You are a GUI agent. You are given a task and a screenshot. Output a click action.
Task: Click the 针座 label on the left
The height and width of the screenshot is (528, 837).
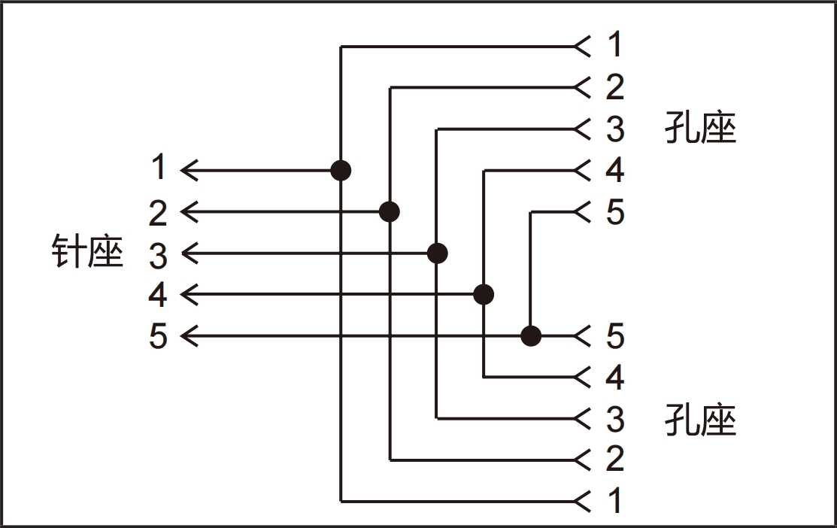click(x=87, y=250)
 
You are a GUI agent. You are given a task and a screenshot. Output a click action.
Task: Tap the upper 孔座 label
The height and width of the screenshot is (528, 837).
click(x=700, y=128)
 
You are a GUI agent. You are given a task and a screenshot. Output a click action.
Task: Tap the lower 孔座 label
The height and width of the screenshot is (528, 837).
click(x=700, y=420)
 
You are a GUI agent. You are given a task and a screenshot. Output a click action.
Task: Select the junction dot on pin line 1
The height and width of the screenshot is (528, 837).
click(x=341, y=171)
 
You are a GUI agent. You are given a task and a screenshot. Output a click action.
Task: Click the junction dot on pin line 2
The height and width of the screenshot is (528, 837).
click(x=389, y=212)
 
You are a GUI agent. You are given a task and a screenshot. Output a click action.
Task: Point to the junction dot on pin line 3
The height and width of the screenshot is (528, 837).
click(x=437, y=253)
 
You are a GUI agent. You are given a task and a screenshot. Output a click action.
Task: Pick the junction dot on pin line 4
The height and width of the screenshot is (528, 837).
click(x=484, y=294)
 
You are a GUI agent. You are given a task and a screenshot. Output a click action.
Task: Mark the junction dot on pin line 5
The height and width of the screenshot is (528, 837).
click(x=531, y=336)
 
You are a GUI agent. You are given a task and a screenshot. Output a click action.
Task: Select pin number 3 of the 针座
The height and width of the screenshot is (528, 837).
click(x=158, y=255)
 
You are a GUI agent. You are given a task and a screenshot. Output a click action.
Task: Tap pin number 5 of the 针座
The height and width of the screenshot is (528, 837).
click(x=158, y=335)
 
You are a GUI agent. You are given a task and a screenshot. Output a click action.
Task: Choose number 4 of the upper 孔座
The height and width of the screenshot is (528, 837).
click(x=615, y=170)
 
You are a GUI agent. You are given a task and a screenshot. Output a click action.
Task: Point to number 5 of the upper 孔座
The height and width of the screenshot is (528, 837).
click(x=615, y=212)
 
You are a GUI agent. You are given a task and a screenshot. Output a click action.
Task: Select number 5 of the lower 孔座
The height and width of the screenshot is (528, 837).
click(x=615, y=335)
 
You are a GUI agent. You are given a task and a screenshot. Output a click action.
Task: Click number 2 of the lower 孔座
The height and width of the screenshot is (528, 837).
click(x=615, y=458)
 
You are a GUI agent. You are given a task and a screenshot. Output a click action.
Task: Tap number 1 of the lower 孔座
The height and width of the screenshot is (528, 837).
click(x=615, y=499)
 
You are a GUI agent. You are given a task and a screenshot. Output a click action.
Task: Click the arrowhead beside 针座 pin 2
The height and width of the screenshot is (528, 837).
click(x=190, y=212)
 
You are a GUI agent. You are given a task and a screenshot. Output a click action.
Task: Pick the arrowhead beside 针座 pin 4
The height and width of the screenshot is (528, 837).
click(x=190, y=294)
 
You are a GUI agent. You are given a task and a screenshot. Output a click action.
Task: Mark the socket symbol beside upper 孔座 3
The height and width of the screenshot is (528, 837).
click(x=582, y=129)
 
